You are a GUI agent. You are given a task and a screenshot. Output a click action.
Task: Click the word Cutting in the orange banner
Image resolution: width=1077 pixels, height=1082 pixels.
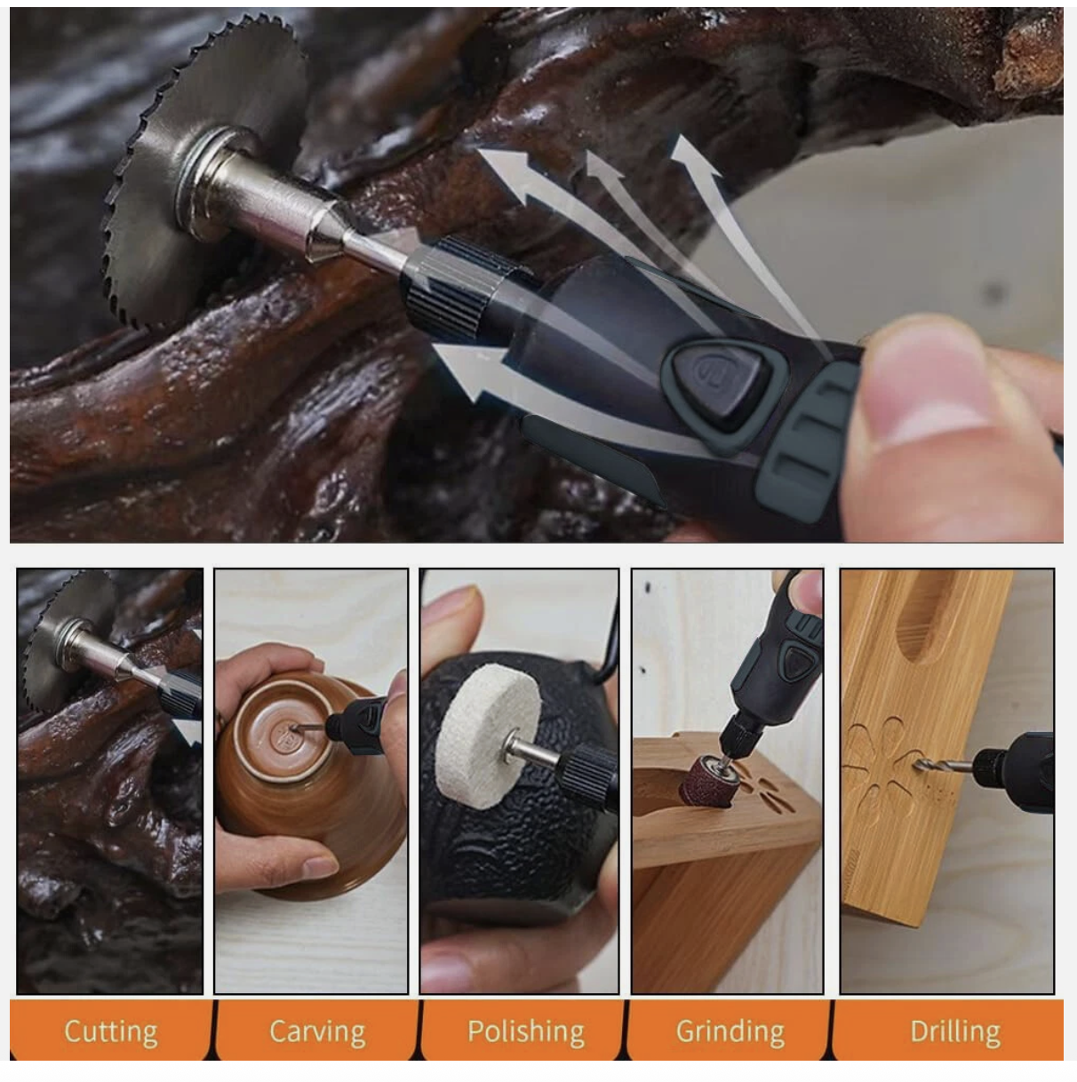tap(111, 1031)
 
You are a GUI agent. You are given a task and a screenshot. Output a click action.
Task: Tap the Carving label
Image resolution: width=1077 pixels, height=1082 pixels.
tap(317, 1031)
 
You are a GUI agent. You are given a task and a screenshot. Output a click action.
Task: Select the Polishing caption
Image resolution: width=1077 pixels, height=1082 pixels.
tap(526, 1031)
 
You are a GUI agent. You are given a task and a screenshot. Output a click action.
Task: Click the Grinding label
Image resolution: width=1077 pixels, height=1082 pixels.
tap(730, 1031)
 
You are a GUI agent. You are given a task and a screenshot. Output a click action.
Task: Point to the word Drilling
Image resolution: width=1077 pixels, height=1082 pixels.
tap(955, 1031)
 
